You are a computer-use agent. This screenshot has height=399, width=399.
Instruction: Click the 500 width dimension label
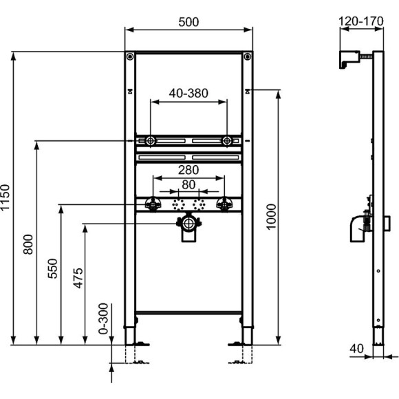pos(188,21)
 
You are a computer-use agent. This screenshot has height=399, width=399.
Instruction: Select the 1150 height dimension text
pos(6,197)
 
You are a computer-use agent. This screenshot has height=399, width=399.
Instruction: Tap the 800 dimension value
pos(28,244)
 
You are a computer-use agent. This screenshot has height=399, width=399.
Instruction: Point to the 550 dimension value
pos(52,272)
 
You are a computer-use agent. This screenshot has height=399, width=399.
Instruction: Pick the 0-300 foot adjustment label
pos(103,320)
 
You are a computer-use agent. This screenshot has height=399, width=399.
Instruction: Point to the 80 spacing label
pos(188,184)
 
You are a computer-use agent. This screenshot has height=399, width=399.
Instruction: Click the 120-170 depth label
pos(361,21)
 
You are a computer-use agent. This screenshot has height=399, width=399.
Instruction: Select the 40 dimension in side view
pos(356,349)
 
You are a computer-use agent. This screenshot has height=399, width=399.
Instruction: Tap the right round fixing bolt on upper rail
pos(226,141)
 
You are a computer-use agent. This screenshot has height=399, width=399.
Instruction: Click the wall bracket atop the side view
pos(349,59)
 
